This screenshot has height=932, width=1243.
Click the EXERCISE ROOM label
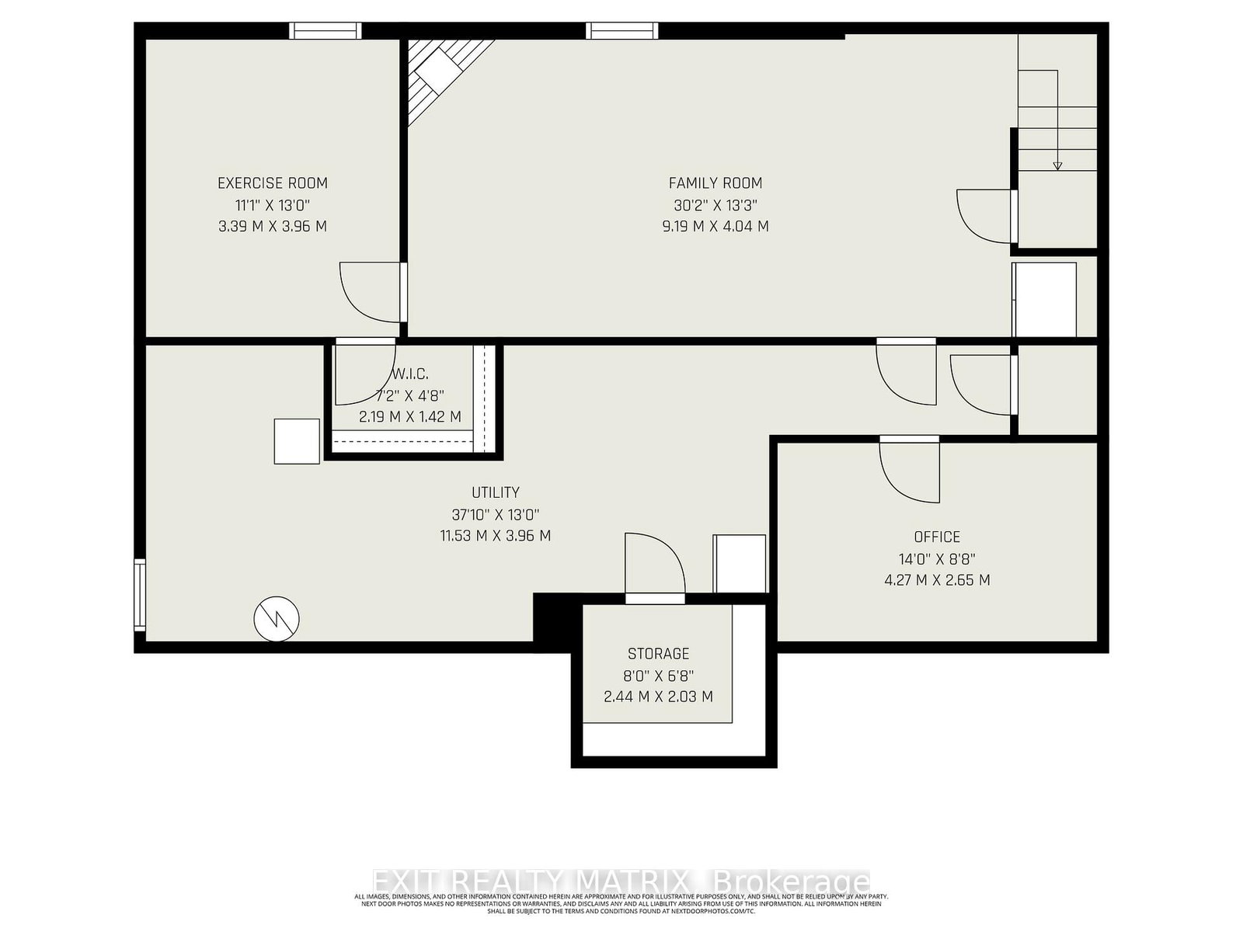tap(273, 183)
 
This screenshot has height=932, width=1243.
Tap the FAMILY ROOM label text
tap(716, 183)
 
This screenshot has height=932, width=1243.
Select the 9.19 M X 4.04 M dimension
tap(716, 227)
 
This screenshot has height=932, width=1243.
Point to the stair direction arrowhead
tap(1057, 165)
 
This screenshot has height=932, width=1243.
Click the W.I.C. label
tap(411, 374)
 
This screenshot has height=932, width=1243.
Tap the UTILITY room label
tap(496, 492)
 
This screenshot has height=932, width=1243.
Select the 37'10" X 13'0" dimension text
tap(496, 514)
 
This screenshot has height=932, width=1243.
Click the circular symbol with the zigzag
tap(277, 619)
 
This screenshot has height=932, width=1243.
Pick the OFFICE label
tap(937, 537)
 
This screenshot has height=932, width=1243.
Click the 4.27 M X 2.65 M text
tap(937, 580)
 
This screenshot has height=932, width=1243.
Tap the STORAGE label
tap(659, 654)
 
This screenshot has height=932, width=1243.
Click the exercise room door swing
tap(372, 292)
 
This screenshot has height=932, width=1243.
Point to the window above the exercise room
tap(326, 31)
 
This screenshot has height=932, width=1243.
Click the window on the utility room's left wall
tap(140, 595)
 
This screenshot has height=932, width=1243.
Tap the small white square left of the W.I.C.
tap(297, 441)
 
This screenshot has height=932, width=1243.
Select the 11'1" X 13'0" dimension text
tap(273, 205)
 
